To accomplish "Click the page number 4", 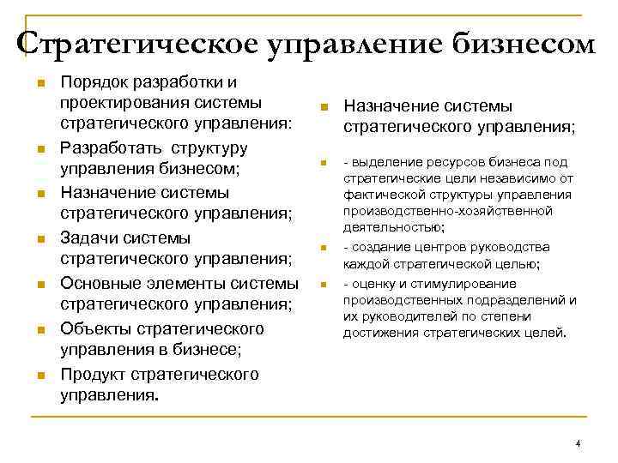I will coord(578,443).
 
